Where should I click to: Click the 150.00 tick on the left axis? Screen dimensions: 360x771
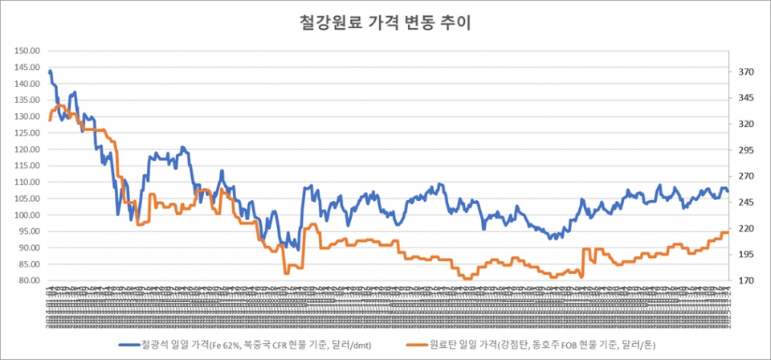click(27, 51)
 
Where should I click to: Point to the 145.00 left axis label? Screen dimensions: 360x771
click(27, 67)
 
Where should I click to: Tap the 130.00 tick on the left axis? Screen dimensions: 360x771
click(27, 117)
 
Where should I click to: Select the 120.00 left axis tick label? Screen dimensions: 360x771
click(27, 149)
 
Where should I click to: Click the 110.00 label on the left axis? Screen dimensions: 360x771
click(27, 182)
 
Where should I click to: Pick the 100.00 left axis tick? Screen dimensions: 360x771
click(27, 215)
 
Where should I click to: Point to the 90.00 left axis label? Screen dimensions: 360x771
click(29, 248)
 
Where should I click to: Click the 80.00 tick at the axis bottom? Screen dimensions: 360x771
click(29, 281)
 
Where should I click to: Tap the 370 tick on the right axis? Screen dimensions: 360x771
click(746, 72)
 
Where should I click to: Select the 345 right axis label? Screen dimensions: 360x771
click(746, 98)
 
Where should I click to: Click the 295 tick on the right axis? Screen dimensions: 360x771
click(746, 150)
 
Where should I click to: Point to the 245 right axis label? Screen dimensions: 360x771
click(746, 202)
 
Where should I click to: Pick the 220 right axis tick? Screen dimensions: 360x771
click(746, 229)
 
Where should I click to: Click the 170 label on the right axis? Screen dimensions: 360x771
click(746, 281)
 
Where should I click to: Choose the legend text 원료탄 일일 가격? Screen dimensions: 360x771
click(462, 346)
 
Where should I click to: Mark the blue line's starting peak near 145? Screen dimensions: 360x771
click(50, 71)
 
